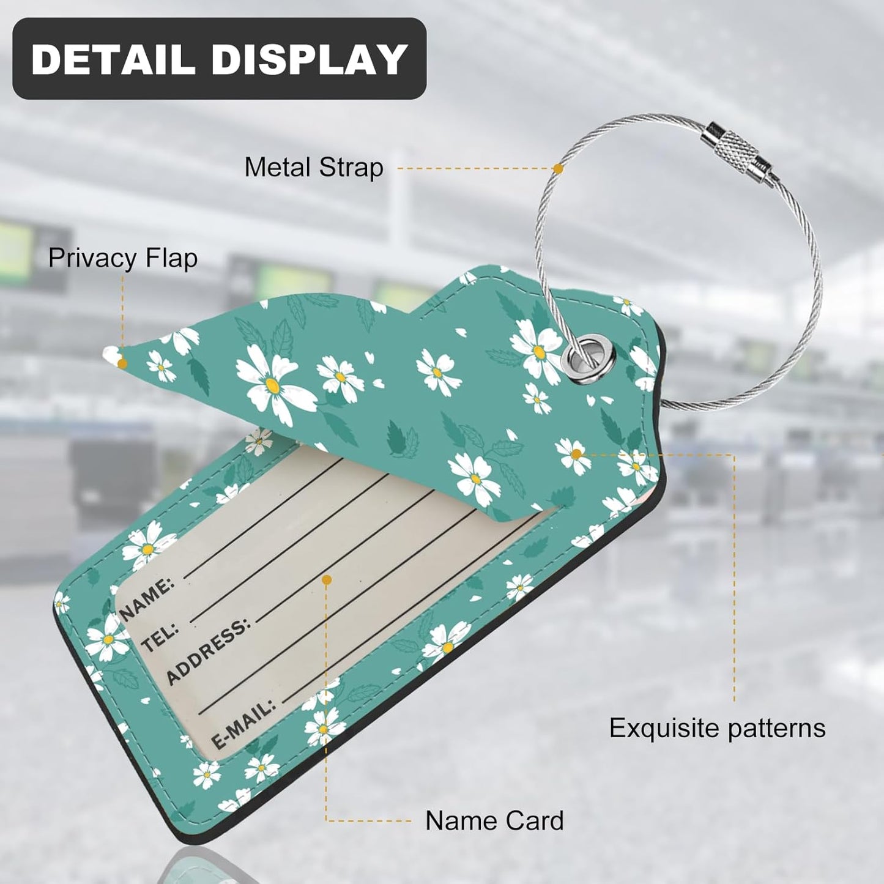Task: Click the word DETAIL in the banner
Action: coord(113,59)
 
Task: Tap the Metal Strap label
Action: coord(314,168)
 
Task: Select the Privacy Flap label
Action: coord(123,258)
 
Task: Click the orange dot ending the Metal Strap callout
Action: coord(559,168)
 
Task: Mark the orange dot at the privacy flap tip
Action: coord(122,364)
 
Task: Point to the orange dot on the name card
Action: coord(327,581)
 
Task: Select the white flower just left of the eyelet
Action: coord(537,351)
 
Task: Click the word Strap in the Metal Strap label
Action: coord(351,168)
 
